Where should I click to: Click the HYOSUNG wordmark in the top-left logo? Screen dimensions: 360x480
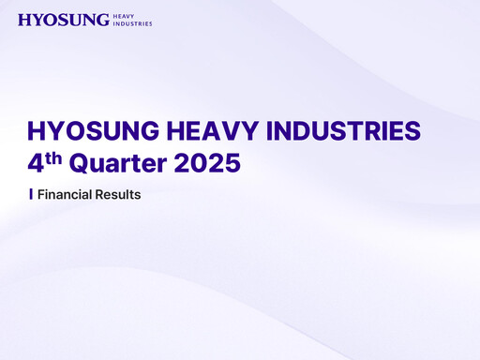63,20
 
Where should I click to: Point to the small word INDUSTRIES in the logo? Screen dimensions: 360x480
132,23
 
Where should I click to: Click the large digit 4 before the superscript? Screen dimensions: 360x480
37,162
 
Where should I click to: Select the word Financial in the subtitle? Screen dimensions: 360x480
62,195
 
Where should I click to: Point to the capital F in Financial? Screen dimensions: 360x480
40,195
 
